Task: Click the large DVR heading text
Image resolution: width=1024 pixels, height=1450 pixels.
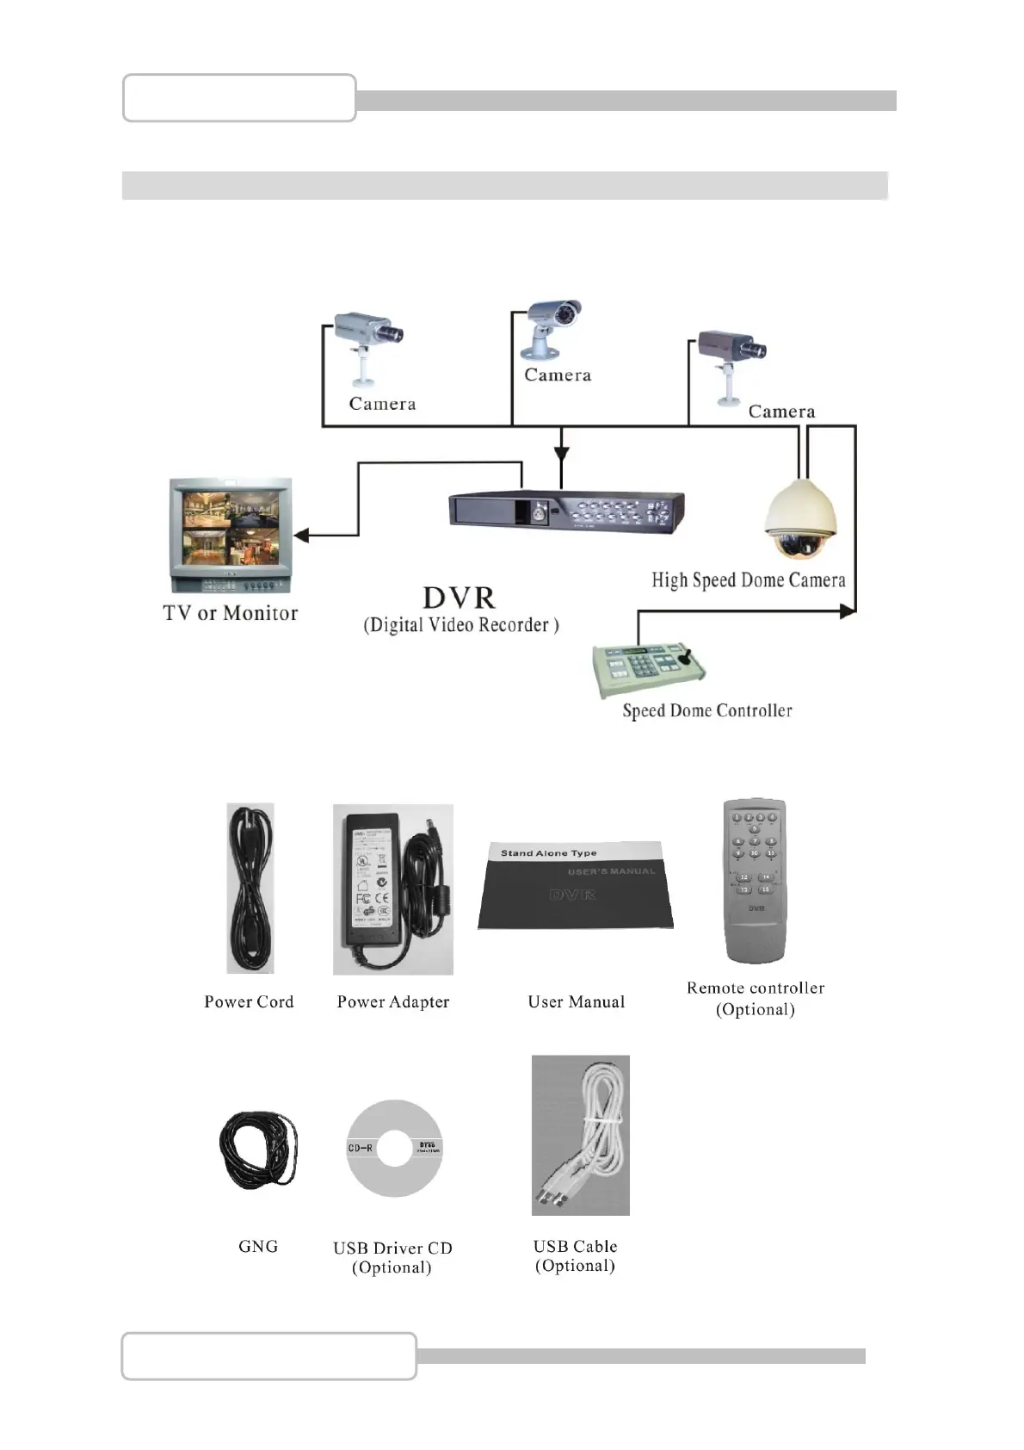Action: (459, 598)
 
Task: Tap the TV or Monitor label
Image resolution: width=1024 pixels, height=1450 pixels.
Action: (231, 613)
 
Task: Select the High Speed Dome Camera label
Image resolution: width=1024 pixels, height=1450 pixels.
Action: (748, 580)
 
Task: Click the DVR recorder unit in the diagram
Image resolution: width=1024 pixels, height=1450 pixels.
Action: (566, 511)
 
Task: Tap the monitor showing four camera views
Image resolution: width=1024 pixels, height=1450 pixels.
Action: (231, 535)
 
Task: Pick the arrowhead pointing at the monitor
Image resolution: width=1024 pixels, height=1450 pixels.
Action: (300, 536)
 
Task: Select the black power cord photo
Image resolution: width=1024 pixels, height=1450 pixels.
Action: (250, 888)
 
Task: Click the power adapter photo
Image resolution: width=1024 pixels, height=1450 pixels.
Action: (392, 889)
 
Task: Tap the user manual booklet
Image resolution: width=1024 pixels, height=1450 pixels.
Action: (575, 886)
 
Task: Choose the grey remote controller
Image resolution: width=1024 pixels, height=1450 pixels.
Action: (756, 880)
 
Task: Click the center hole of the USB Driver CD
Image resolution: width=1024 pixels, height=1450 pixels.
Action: (394, 1149)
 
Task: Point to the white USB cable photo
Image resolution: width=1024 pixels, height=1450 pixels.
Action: (581, 1135)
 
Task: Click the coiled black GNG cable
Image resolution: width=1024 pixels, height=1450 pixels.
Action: (259, 1149)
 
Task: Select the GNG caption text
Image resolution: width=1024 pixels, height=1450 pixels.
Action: (258, 1246)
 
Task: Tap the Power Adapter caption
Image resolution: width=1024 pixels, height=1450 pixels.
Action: (393, 1001)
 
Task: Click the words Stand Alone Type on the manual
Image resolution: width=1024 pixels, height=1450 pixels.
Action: (548, 853)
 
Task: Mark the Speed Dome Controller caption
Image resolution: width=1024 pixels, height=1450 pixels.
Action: (707, 710)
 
